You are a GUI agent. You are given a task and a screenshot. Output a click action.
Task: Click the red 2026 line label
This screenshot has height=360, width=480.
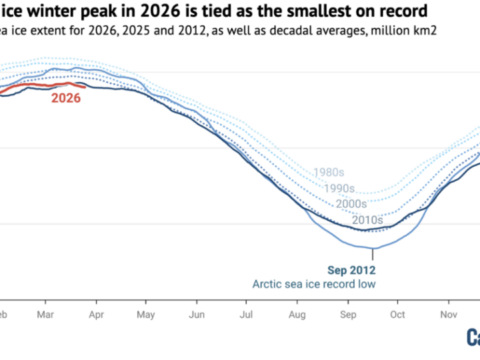[x=67, y=98]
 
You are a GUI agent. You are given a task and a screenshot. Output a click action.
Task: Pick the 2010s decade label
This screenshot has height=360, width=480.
[x=367, y=219]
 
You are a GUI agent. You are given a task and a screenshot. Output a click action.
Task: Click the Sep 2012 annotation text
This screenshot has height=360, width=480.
[x=352, y=270]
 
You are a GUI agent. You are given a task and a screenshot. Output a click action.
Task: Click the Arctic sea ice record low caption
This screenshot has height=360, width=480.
[x=314, y=285]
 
